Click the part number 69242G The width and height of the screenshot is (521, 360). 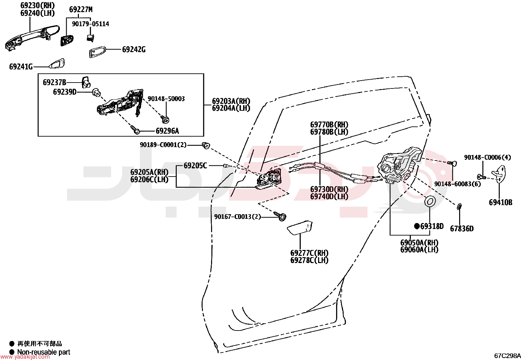click(134, 49)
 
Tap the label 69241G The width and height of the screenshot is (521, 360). click(21, 67)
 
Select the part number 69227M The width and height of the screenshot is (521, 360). click(81, 9)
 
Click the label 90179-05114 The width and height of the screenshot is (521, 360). click(90, 24)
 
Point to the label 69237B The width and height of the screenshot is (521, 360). click(54, 83)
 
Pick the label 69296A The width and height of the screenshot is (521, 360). click(167, 131)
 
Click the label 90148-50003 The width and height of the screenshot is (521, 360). click(166, 99)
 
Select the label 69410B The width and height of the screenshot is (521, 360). click(500, 202)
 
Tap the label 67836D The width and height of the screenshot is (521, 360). click(462, 229)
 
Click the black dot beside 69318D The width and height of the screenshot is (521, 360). click(417, 226)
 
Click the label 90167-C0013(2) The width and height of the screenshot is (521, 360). click(238, 217)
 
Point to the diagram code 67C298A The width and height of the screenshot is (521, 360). click(507, 356)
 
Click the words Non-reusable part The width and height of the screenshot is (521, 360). click(44, 352)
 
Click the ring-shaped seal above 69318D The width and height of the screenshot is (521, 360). click(430, 201)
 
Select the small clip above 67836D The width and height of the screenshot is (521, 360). click(459, 207)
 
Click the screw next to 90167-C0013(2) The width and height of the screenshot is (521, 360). click(280, 216)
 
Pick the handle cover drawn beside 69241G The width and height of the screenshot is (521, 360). click(57, 64)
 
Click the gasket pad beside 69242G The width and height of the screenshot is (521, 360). click(97, 52)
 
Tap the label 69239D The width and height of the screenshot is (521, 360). click(65, 92)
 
